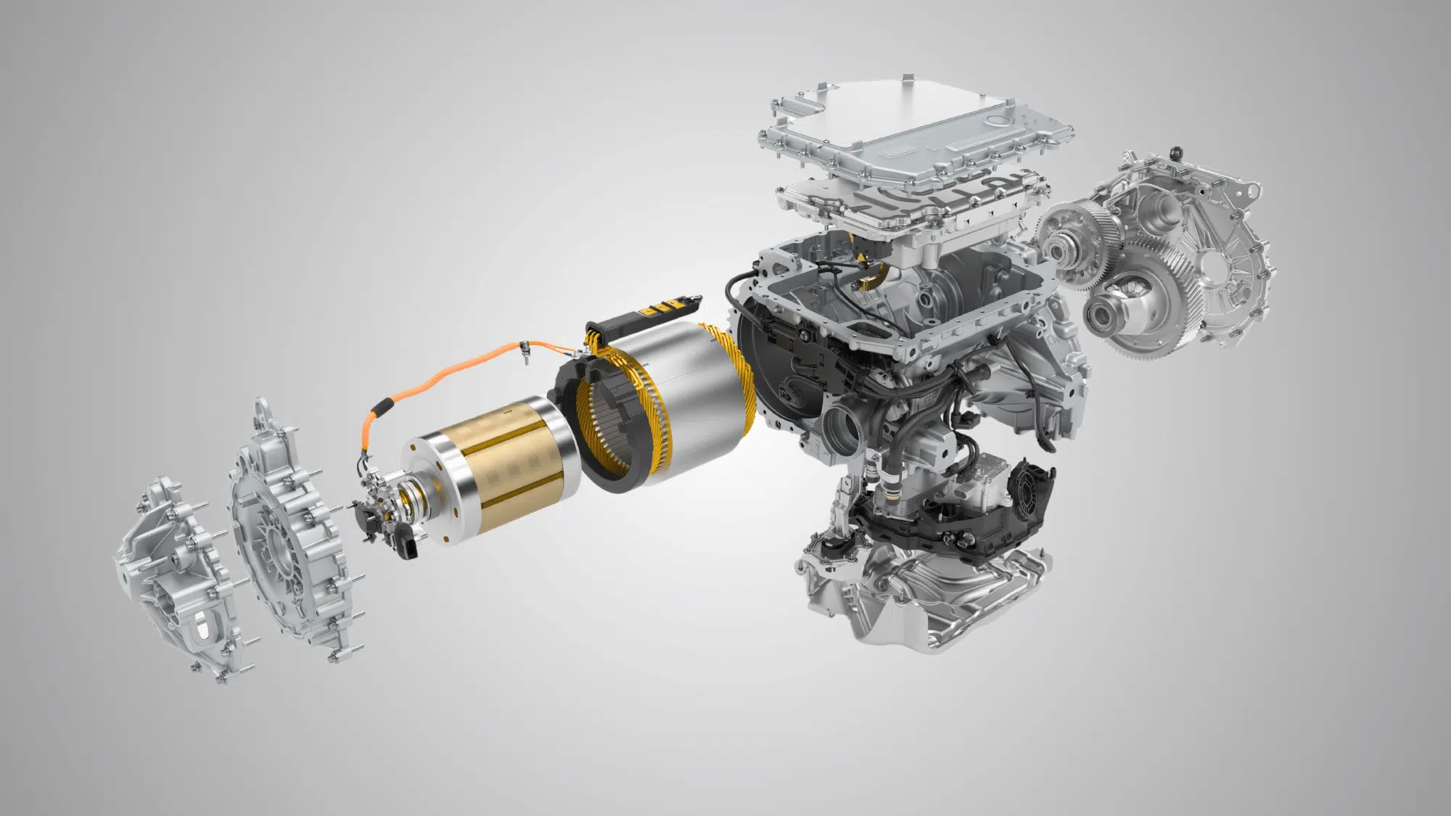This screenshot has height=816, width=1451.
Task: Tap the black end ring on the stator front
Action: (573, 406)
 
